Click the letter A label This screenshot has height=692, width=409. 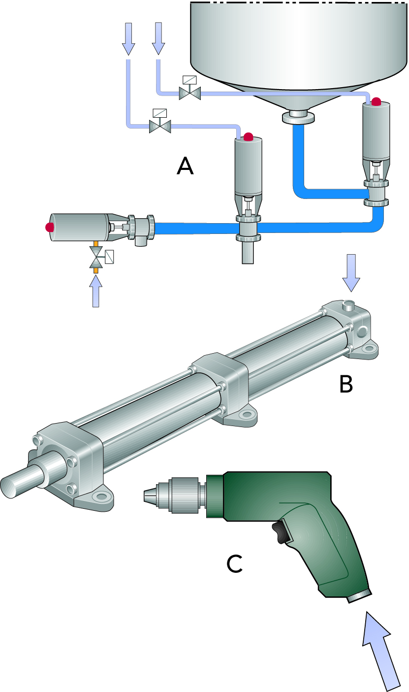coord(185,166)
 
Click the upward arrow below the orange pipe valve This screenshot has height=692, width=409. coord(96,291)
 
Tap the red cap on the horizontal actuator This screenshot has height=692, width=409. coord(49,228)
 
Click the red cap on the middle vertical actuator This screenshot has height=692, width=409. coord(248,136)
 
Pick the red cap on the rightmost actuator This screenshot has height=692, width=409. coord(376,102)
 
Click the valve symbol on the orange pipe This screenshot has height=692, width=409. coord(96,256)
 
